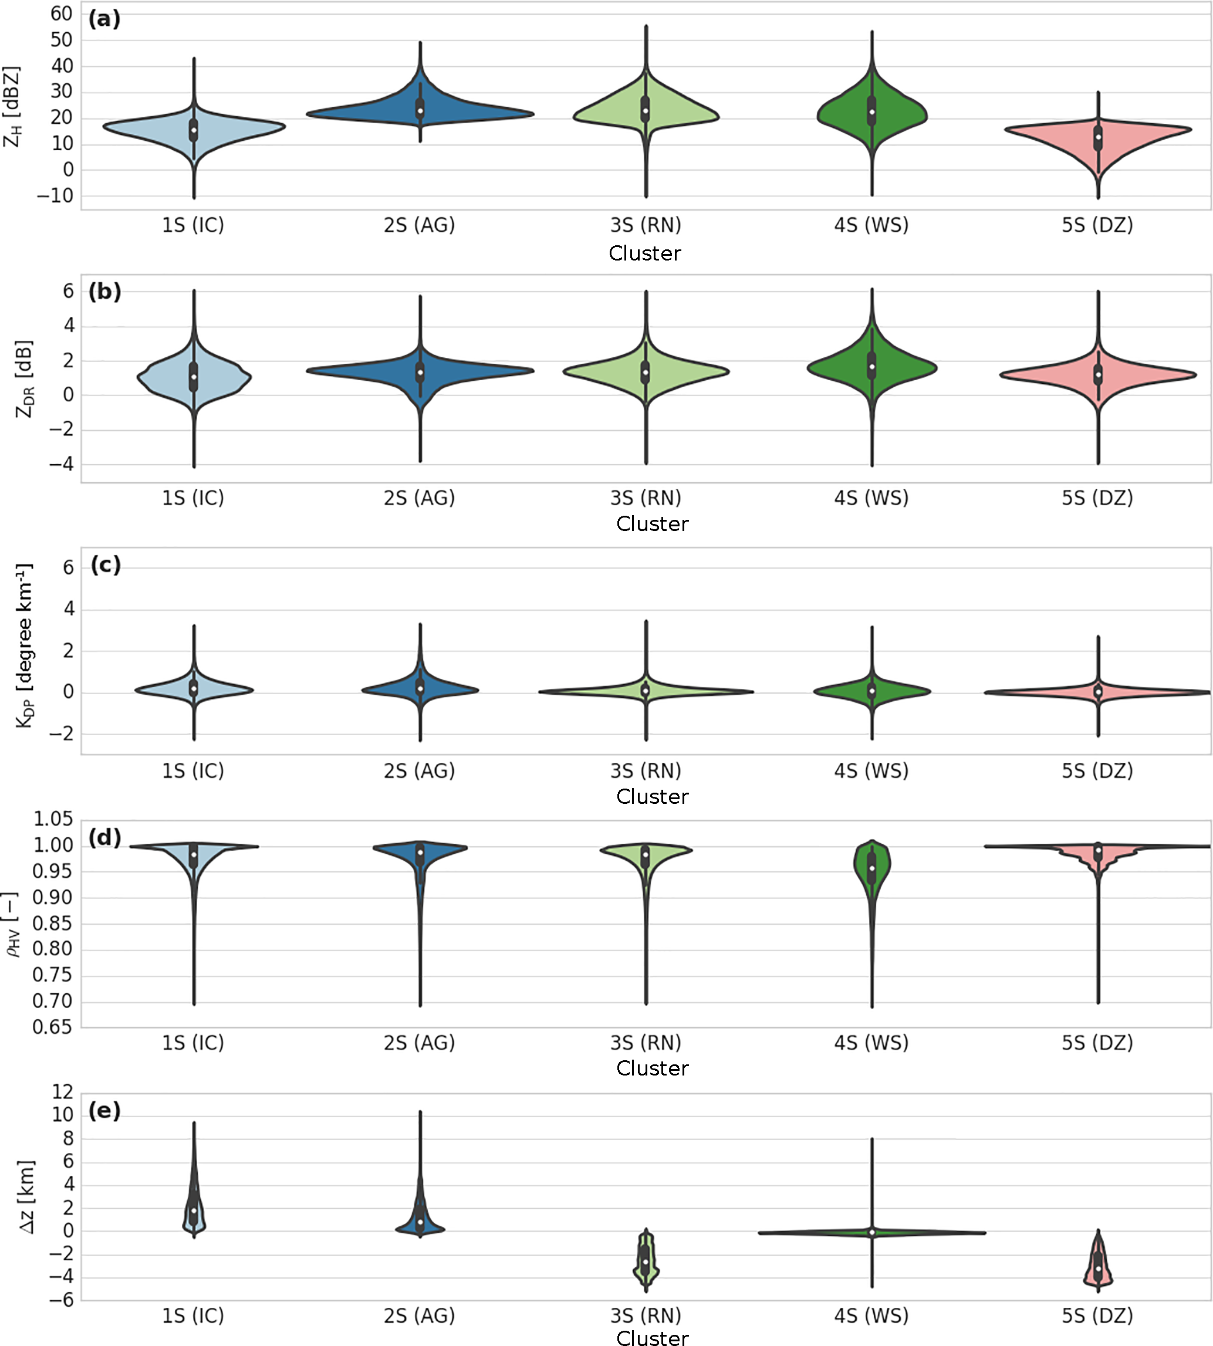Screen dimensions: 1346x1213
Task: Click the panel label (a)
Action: tap(104, 19)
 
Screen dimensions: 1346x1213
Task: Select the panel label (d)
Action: tap(104, 838)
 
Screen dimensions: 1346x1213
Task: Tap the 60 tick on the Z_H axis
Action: tap(61, 14)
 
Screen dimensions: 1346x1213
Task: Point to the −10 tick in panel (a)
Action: tap(55, 196)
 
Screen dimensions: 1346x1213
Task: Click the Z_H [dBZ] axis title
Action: tap(12, 107)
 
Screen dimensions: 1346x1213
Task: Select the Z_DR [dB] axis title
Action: tap(24, 379)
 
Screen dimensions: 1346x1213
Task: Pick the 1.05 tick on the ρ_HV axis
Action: tap(53, 820)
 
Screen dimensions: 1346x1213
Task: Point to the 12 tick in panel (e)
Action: tap(63, 1092)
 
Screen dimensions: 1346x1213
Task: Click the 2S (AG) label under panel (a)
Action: tap(419, 225)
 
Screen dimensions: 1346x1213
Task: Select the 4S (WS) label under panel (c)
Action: tap(871, 771)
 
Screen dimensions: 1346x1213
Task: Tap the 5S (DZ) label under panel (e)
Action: tap(1097, 1315)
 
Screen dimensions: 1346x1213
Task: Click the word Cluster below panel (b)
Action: tap(652, 524)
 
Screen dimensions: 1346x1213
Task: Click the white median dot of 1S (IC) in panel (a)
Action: tap(194, 130)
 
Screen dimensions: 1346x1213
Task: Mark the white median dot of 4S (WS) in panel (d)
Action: tap(872, 868)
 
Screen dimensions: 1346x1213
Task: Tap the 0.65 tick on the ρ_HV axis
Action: tap(53, 1027)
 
